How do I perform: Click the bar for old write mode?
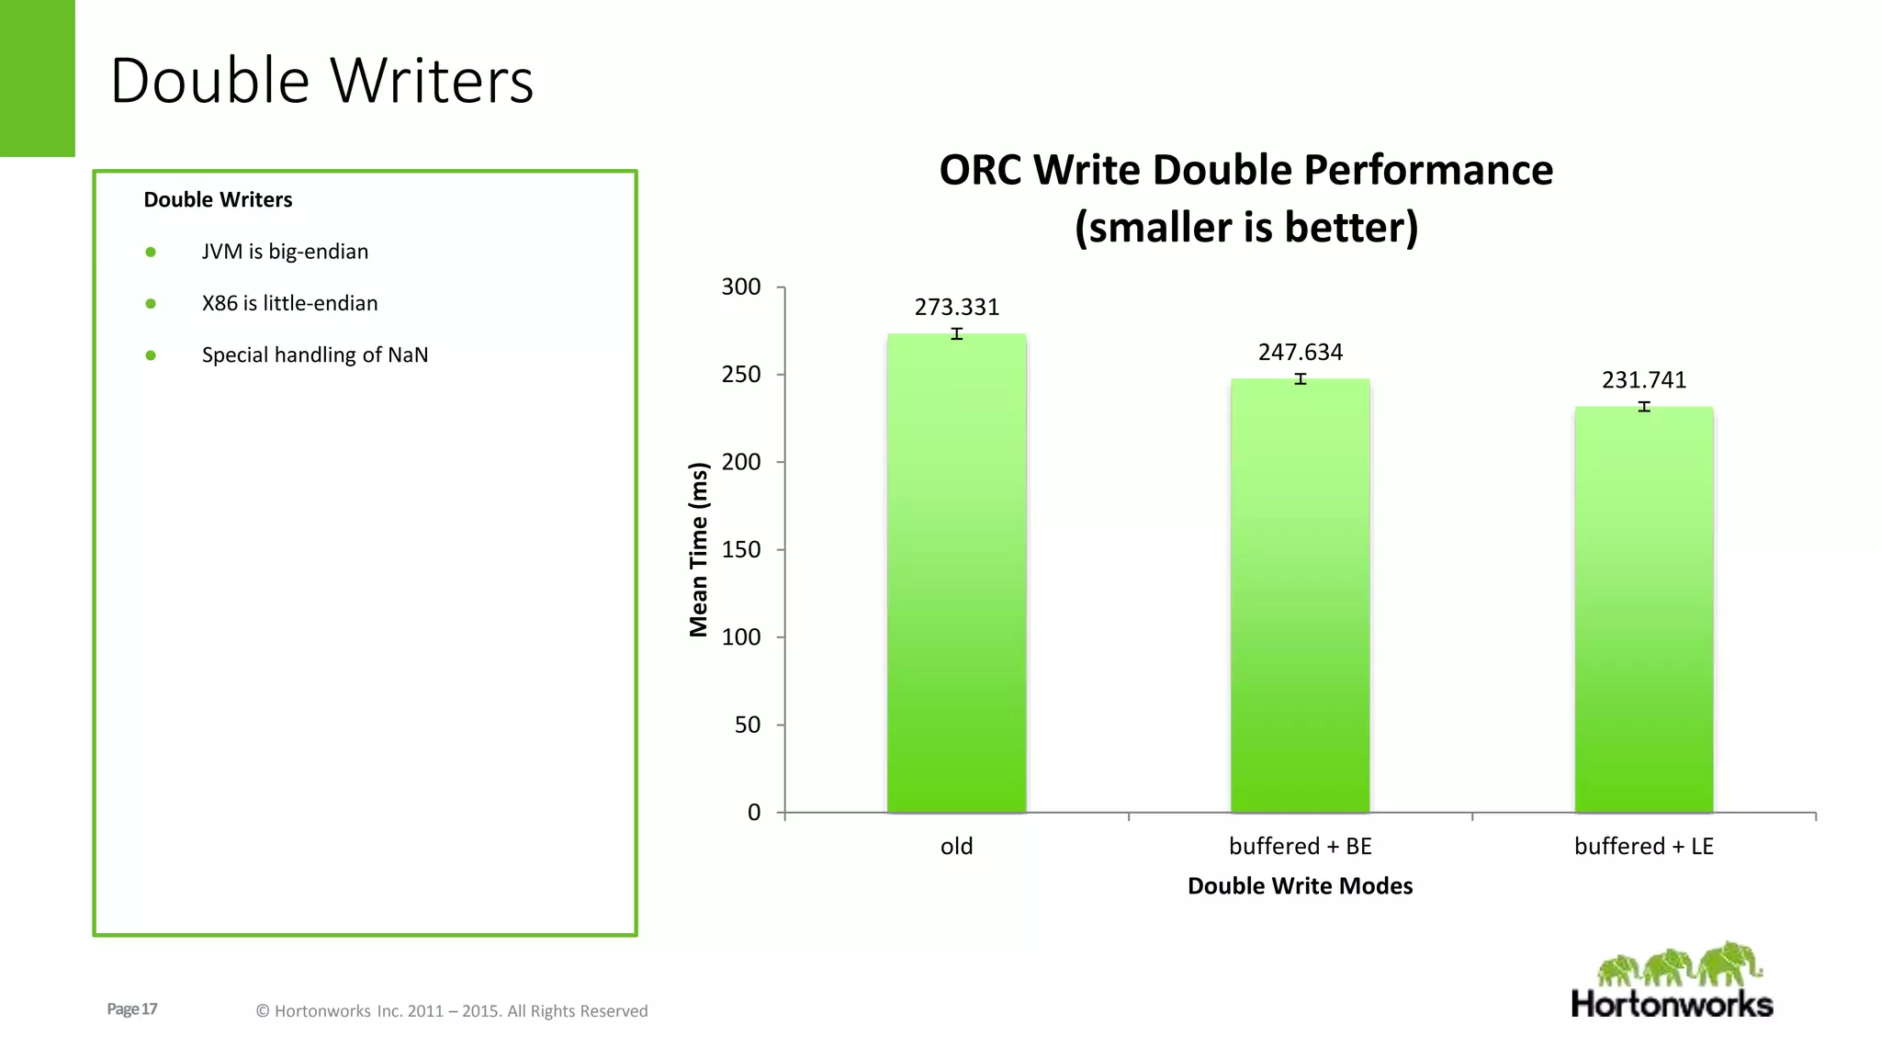click(x=956, y=574)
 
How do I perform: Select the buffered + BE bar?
click(x=1300, y=597)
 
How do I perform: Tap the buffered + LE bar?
click(x=1644, y=611)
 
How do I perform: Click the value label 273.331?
click(x=956, y=307)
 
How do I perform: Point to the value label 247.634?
click(x=1300, y=352)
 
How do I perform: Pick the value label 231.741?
click(x=1644, y=379)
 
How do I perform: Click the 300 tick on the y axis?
click(x=741, y=287)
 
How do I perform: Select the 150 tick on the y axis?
click(x=741, y=549)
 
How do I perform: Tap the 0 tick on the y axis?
click(x=754, y=812)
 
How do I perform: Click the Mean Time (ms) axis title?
click(x=699, y=549)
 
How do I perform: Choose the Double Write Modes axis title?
click(x=1300, y=885)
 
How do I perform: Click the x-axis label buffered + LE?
click(x=1644, y=846)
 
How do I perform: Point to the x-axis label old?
click(x=956, y=846)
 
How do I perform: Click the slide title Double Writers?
click(x=321, y=81)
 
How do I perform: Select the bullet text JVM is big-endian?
click(x=285, y=252)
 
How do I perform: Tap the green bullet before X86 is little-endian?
click(x=151, y=304)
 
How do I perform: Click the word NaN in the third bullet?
click(x=408, y=355)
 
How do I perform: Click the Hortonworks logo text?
click(x=1672, y=1004)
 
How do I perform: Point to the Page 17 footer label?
click(x=132, y=1008)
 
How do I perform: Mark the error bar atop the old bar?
click(x=956, y=334)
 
